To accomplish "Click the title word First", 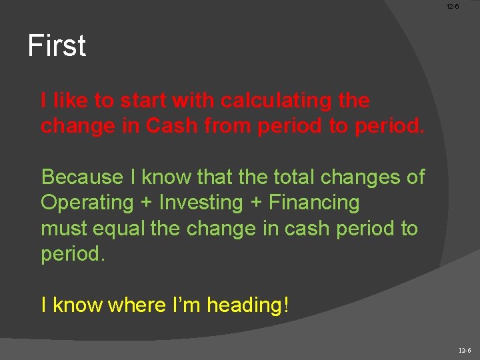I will [x=57, y=46].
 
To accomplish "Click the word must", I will [x=63, y=229].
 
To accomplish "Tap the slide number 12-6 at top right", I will [x=453, y=7].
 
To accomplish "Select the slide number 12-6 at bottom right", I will [x=465, y=351].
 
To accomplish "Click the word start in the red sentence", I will [x=143, y=101].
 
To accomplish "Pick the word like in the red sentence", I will [x=71, y=101].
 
